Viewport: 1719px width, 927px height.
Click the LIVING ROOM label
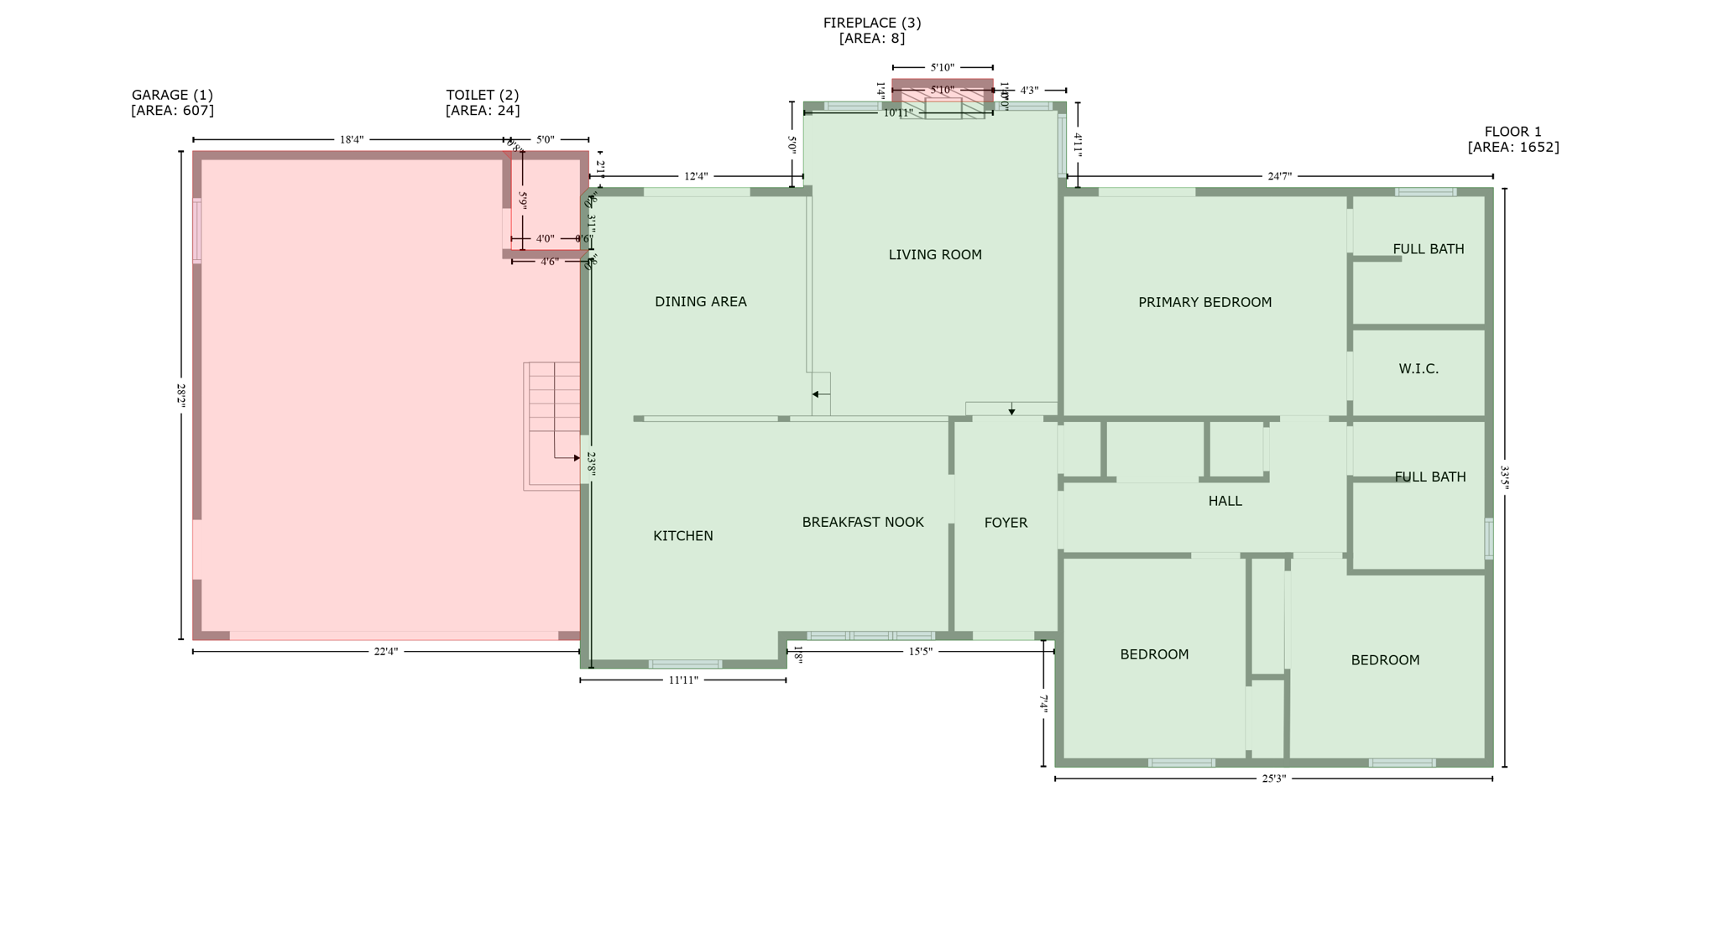pyautogui.click(x=935, y=255)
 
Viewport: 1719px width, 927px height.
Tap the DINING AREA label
pyautogui.click(x=700, y=302)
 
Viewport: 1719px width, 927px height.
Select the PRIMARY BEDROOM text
pyautogui.click(x=1204, y=303)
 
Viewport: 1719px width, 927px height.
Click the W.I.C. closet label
pyautogui.click(x=1419, y=369)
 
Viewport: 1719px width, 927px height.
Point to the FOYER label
pyautogui.click(x=1006, y=523)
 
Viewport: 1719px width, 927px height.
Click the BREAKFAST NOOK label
pyautogui.click(x=863, y=522)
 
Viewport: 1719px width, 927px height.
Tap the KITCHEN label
pyautogui.click(x=682, y=536)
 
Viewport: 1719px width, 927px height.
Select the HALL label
pyautogui.click(x=1225, y=501)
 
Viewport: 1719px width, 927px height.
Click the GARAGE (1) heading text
pyautogui.click(x=172, y=95)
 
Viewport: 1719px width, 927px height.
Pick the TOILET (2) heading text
pyautogui.click(x=482, y=95)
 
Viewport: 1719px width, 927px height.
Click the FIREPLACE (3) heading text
pyautogui.click(x=871, y=23)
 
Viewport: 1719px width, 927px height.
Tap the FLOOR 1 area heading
pyautogui.click(x=1513, y=132)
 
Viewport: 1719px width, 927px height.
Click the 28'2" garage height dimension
pyautogui.click(x=180, y=395)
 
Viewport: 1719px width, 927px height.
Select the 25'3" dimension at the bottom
pyautogui.click(x=1273, y=779)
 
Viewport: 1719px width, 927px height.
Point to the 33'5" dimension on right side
pyautogui.click(x=1504, y=477)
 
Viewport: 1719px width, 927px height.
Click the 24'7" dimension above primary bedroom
pyautogui.click(x=1279, y=176)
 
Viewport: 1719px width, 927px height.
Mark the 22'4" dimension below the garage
pyautogui.click(x=385, y=652)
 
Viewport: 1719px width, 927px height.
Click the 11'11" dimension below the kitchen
pyautogui.click(x=683, y=680)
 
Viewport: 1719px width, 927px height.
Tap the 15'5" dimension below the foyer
pyautogui.click(x=920, y=651)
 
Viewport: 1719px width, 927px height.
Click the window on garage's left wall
pyautogui.click(x=197, y=231)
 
